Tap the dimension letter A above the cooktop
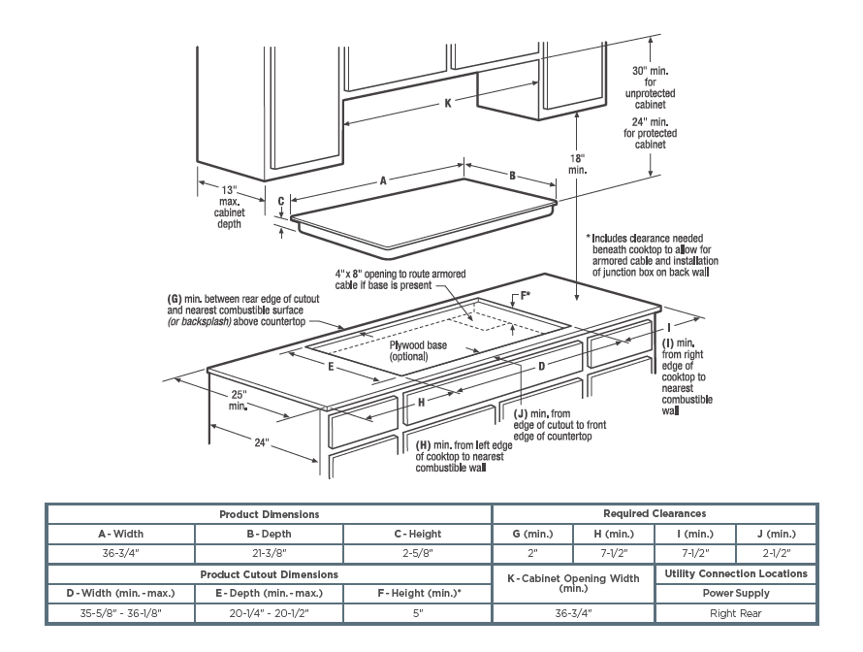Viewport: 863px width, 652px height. coord(384,180)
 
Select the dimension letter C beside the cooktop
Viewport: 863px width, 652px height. coord(281,202)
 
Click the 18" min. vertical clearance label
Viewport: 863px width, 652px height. coord(578,162)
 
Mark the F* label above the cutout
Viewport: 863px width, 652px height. coord(526,293)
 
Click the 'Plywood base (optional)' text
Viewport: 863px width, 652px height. coord(419,350)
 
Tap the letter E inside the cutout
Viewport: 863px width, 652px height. coord(331,367)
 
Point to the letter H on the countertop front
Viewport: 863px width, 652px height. coord(422,401)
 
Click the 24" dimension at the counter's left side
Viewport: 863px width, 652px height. coord(261,442)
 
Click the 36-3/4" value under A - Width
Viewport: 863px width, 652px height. coord(121,553)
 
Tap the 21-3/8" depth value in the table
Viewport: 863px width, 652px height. coord(269,553)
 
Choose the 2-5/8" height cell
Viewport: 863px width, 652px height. coord(418,553)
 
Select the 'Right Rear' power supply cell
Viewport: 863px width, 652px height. coord(735,613)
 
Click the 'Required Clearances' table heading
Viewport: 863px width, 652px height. coord(655,513)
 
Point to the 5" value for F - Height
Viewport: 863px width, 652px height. coord(418,613)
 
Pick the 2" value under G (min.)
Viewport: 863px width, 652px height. coord(533,553)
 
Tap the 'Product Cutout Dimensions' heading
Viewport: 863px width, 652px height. coord(269,574)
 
